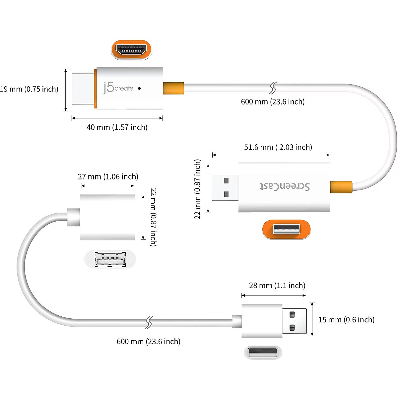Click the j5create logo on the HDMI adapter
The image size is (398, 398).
tap(118, 88)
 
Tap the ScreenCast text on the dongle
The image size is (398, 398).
tap(285, 186)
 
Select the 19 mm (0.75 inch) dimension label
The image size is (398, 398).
tap(29, 89)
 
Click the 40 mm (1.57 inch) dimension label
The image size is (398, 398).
tap(117, 127)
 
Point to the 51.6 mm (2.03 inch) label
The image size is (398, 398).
tap(278, 147)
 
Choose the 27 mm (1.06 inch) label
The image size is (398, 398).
tap(108, 177)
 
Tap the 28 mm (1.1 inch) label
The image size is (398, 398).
tap(277, 286)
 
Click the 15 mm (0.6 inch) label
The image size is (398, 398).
tap(346, 320)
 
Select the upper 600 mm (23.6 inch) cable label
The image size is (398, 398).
tap(273, 101)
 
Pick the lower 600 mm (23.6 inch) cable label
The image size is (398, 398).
tap(148, 342)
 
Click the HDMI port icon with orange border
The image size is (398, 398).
tap(131, 50)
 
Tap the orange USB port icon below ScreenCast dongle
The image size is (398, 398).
tap(286, 230)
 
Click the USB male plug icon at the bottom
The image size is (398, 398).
tap(263, 353)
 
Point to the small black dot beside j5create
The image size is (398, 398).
tap(139, 89)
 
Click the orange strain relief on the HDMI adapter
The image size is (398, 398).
tap(173, 88)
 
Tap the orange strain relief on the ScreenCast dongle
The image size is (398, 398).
tap(341, 187)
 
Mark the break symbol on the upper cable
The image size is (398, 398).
tap(272, 88)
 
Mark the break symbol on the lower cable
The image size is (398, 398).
tap(149, 322)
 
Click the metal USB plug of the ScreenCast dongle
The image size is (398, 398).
tap(225, 187)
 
